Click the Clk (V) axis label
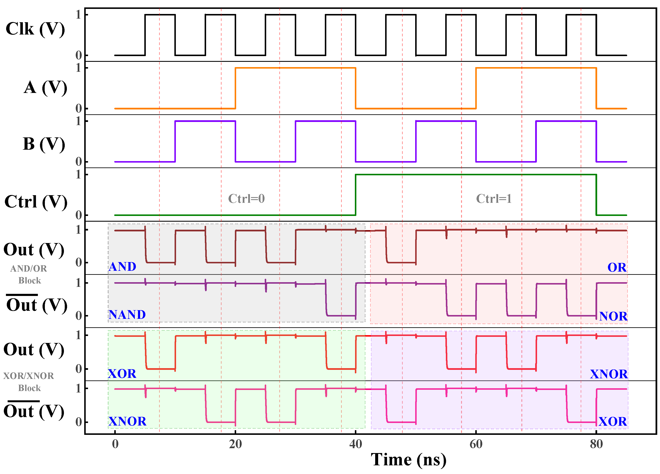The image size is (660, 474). coord(35,29)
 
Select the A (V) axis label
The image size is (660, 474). coord(45,88)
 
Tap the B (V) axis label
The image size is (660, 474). coord(44,144)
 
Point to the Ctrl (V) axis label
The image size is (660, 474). coord(36,202)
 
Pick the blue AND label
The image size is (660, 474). coord(122,267)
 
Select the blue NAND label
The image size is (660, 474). coord(127,315)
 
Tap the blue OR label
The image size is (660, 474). coord(617,268)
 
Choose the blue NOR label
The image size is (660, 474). coord(613,316)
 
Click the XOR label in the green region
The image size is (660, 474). coord(122,374)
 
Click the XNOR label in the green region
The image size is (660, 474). coord(127,421)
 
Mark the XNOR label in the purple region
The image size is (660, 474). coord(609,374)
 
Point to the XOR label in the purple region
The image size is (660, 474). coord(613,421)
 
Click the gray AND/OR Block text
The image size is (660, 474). coord(29,275)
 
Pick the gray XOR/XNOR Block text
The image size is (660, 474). coord(29,382)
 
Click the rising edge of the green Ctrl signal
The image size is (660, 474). coord(356,195)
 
